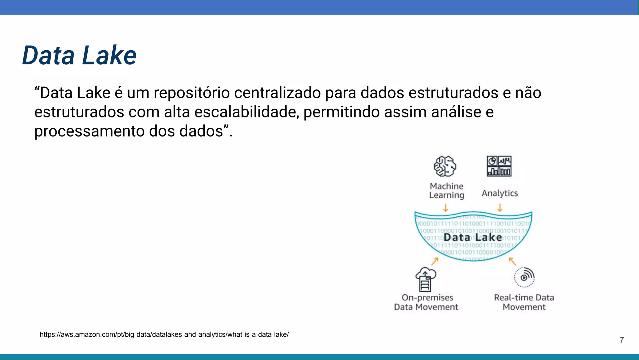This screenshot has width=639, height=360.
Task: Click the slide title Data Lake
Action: (79, 56)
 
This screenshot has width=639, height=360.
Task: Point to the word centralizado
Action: (277, 93)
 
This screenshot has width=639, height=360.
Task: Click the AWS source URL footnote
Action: (164, 334)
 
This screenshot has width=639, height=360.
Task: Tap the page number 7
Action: (622, 340)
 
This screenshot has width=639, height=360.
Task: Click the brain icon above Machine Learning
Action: (445, 166)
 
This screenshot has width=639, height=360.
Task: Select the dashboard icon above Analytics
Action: (499, 166)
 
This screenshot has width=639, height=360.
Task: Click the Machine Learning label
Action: (446, 190)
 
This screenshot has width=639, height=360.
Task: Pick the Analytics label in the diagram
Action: (500, 193)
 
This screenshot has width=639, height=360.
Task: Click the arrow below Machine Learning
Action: (446, 208)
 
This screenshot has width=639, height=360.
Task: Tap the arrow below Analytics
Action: (500, 208)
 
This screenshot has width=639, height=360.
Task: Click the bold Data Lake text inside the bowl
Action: (473, 237)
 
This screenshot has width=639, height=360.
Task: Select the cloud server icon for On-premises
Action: (426, 279)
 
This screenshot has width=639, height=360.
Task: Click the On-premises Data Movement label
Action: (426, 302)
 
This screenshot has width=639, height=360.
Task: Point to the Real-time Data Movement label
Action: (524, 302)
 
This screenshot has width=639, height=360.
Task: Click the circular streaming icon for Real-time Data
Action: (524, 277)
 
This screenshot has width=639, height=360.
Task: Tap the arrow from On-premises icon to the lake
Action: (435, 261)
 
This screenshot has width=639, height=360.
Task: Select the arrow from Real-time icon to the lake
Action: (512, 261)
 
